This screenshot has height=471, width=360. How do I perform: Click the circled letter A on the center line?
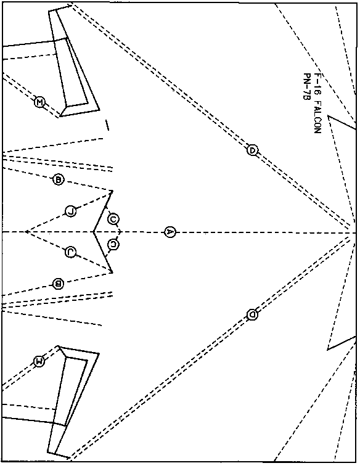[170, 232]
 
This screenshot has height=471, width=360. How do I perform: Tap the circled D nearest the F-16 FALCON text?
[253, 150]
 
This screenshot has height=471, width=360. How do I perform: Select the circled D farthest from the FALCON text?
[252, 314]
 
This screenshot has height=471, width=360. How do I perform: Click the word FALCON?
[317, 117]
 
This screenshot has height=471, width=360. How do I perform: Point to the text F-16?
[317, 84]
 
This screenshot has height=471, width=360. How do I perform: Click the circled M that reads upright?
[39, 102]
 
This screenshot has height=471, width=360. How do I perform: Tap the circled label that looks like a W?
[39, 361]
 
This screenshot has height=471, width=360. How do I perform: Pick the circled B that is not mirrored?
[59, 180]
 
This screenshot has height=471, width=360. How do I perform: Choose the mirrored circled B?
[58, 284]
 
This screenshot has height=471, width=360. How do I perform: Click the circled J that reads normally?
[71, 211]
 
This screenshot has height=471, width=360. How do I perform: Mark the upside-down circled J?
[70, 252]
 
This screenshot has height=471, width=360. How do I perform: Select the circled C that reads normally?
[113, 219]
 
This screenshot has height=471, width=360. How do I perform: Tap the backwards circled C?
[113, 244]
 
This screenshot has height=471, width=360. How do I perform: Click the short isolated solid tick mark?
[107, 125]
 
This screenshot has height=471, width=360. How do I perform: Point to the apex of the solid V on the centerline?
[94, 232]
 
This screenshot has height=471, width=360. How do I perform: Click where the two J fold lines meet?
[26, 232]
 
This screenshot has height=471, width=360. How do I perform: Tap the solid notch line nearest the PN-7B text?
[342, 123]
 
